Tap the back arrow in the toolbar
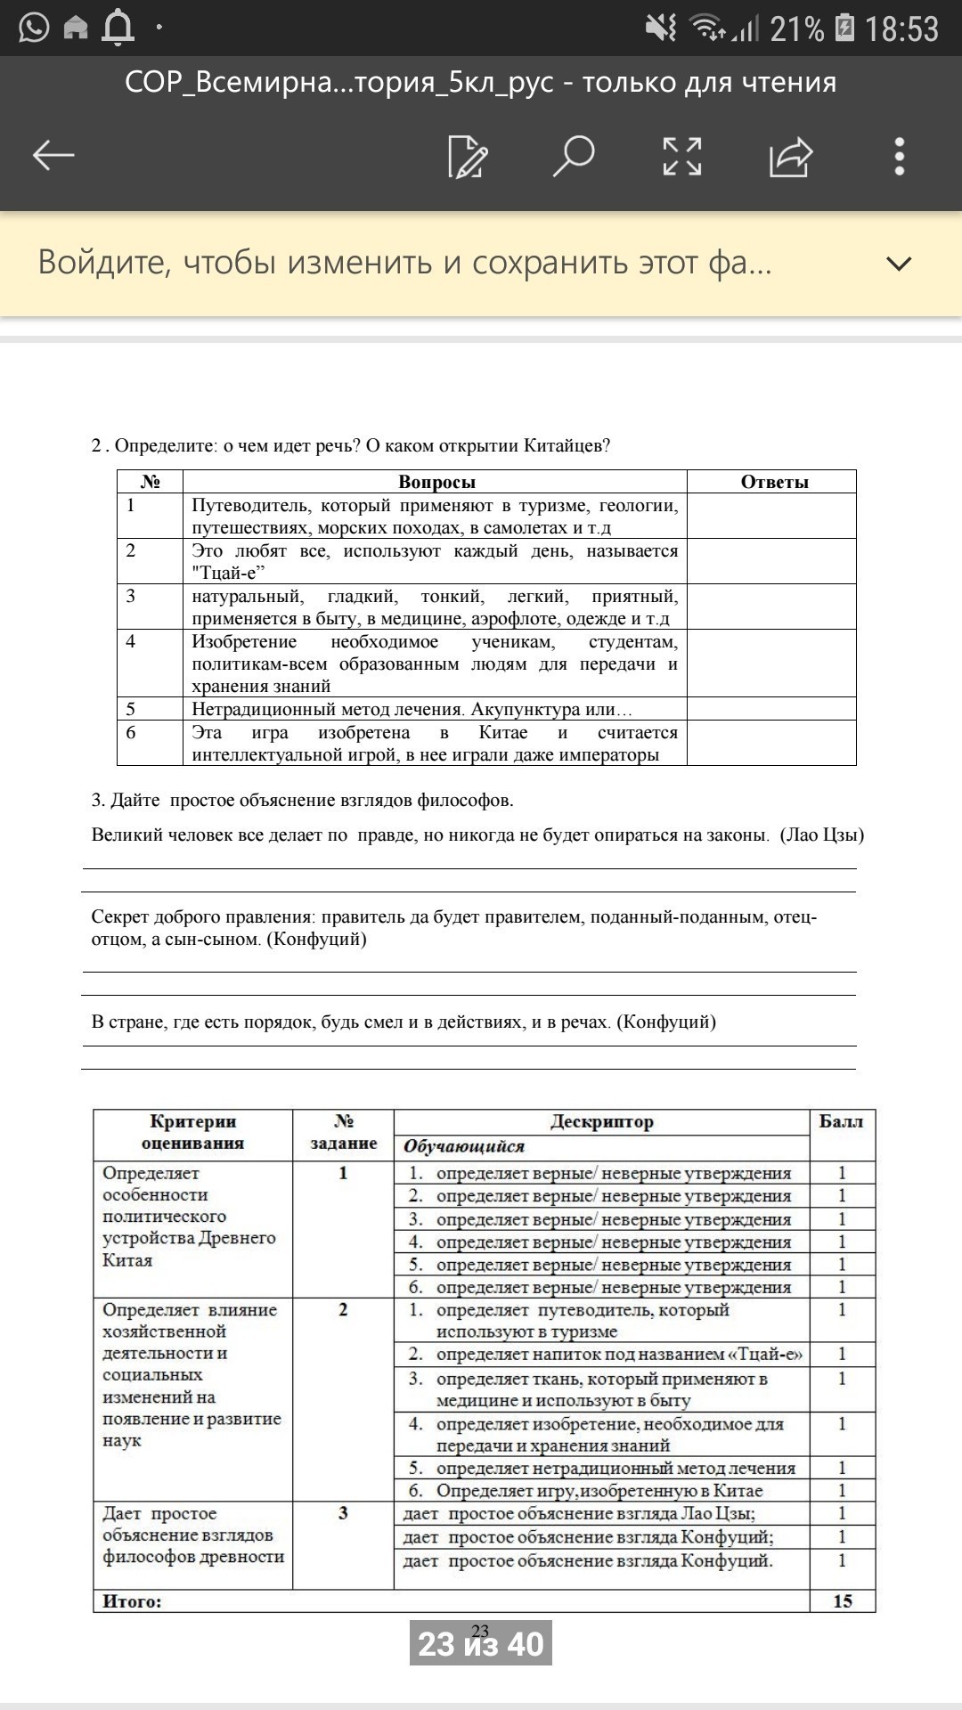(53, 156)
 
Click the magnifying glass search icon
(573, 156)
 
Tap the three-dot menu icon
(900, 156)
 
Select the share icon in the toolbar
(791, 157)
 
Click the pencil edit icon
(468, 157)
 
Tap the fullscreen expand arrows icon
(682, 156)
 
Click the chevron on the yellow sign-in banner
(900, 264)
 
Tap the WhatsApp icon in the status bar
(34, 28)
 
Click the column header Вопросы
(436, 482)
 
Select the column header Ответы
(774, 482)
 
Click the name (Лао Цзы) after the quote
(821, 835)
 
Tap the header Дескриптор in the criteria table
(601, 1122)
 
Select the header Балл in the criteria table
(841, 1122)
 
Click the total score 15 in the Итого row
(843, 1601)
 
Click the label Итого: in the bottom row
(132, 1601)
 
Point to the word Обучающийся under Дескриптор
(464, 1146)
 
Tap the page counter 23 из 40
(481, 1643)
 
